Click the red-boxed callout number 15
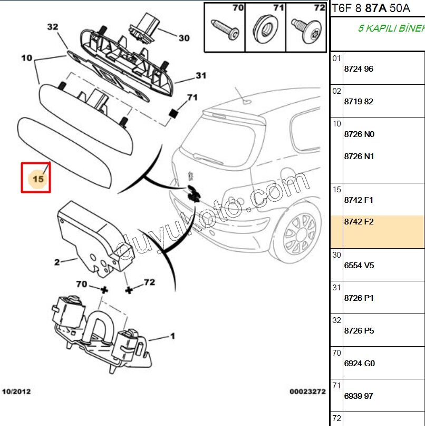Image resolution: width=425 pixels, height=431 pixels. pyautogui.click(x=38, y=179)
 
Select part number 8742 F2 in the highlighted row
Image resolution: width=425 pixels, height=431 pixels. pyautogui.click(x=359, y=222)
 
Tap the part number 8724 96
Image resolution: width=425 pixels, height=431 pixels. pyautogui.click(x=359, y=69)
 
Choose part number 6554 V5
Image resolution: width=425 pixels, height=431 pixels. pyautogui.click(x=359, y=266)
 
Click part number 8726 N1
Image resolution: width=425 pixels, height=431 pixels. pyautogui.click(x=359, y=156)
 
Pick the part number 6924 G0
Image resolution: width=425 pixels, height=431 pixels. pyautogui.click(x=359, y=364)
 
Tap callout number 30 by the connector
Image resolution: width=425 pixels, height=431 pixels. pyautogui.click(x=183, y=38)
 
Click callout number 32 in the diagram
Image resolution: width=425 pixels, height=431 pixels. pyautogui.click(x=52, y=27)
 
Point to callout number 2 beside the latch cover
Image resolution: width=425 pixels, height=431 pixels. pyautogui.click(x=57, y=261)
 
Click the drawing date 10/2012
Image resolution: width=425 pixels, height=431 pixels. pyautogui.click(x=16, y=391)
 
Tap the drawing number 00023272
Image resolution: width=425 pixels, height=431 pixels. pyautogui.click(x=307, y=391)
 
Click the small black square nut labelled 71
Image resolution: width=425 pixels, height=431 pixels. pyautogui.click(x=172, y=113)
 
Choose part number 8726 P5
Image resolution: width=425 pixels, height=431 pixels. pyautogui.click(x=359, y=331)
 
